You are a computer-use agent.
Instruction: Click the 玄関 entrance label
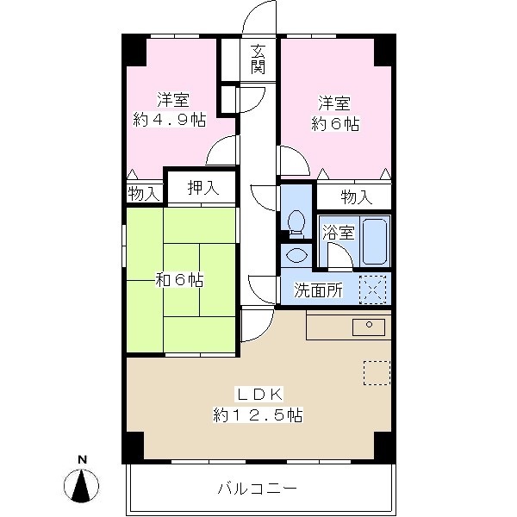(x=258, y=59)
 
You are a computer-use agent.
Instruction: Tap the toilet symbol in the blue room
(x=296, y=224)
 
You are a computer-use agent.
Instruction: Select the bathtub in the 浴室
(x=375, y=240)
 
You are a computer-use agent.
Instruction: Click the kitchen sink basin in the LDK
(x=369, y=327)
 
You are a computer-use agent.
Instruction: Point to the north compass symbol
(x=82, y=482)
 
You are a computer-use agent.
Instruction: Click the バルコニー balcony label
(x=258, y=489)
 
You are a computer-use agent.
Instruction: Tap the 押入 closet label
(x=203, y=188)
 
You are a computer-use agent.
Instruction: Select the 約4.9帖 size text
(x=170, y=120)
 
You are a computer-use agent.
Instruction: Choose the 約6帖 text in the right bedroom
(x=335, y=124)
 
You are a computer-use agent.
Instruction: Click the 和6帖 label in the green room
(x=180, y=280)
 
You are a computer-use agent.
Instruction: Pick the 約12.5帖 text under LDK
(x=258, y=415)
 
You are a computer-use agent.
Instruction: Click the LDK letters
(x=258, y=395)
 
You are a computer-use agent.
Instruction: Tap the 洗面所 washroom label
(x=318, y=290)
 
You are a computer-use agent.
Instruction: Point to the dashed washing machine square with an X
(x=372, y=290)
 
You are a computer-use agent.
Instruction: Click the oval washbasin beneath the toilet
(x=296, y=255)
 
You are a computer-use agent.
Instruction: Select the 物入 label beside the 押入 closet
(x=144, y=193)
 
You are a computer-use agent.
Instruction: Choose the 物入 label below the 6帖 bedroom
(x=357, y=197)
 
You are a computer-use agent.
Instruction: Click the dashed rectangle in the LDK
(x=377, y=373)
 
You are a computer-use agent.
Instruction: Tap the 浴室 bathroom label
(x=339, y=232)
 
